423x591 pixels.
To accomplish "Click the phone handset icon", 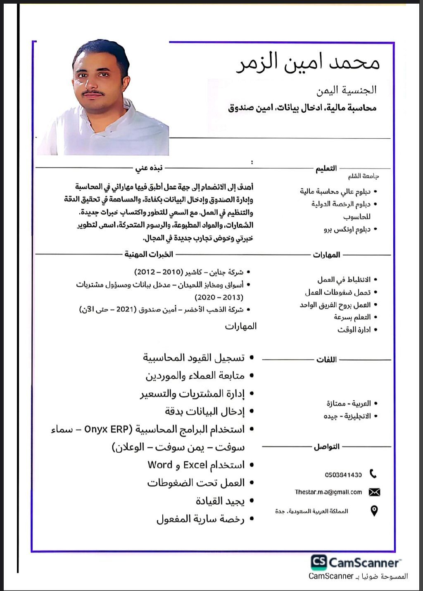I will click(373, 474).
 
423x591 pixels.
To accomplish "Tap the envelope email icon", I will click(374, 492).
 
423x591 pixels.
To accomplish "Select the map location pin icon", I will click(374, 511).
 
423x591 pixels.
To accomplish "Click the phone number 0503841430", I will click(343, 475).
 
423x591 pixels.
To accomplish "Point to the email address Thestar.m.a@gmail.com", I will click(328, 492).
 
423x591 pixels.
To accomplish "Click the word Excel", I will click(195, 465).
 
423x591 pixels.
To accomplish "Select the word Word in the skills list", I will click(160, 465).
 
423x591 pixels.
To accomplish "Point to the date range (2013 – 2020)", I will click(219, 297).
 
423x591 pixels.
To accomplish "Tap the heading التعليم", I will click(326, 169).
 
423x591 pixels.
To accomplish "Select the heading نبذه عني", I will click(149, 168).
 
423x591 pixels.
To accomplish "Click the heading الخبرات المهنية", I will click(149, 254).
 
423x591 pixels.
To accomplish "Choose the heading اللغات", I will click(326, 360).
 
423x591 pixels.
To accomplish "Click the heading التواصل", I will click(326, 447).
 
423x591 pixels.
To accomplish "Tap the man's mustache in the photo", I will click(93, 93).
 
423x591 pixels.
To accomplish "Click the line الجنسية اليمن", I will click(347, 90).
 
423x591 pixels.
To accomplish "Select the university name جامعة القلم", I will click(364, 177).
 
